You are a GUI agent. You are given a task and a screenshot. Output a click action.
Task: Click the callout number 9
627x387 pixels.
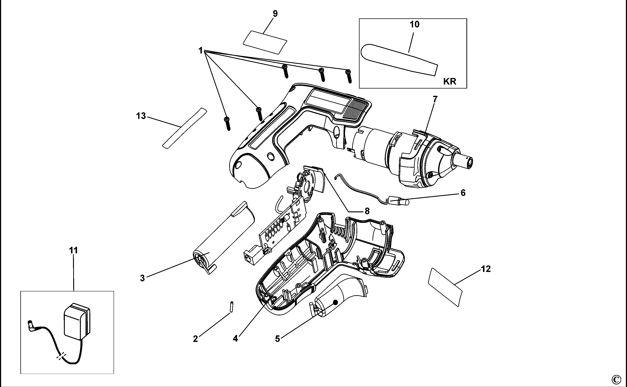pos(275,14)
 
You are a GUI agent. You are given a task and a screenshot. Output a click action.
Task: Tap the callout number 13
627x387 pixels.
pos(141,116)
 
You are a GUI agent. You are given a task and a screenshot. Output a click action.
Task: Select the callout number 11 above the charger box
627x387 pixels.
pos(73,250)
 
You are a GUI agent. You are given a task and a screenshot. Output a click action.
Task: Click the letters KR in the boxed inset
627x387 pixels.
pos(450,81)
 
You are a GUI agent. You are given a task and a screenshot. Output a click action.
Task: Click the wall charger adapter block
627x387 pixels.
pos(77,321)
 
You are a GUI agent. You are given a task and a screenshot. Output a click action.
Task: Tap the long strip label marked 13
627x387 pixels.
pos(185,128)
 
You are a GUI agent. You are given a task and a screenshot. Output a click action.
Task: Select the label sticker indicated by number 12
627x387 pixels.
pos(445,286)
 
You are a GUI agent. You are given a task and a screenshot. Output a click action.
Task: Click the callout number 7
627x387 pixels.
pos(435,99)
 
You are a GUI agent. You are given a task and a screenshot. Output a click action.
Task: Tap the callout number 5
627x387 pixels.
pos(278,339)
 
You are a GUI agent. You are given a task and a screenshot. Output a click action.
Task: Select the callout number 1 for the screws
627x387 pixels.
pos(201,50)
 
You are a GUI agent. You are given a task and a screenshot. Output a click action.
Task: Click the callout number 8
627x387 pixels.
pos(367,211)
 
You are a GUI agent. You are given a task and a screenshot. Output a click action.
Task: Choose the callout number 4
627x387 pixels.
pos(235,339)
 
